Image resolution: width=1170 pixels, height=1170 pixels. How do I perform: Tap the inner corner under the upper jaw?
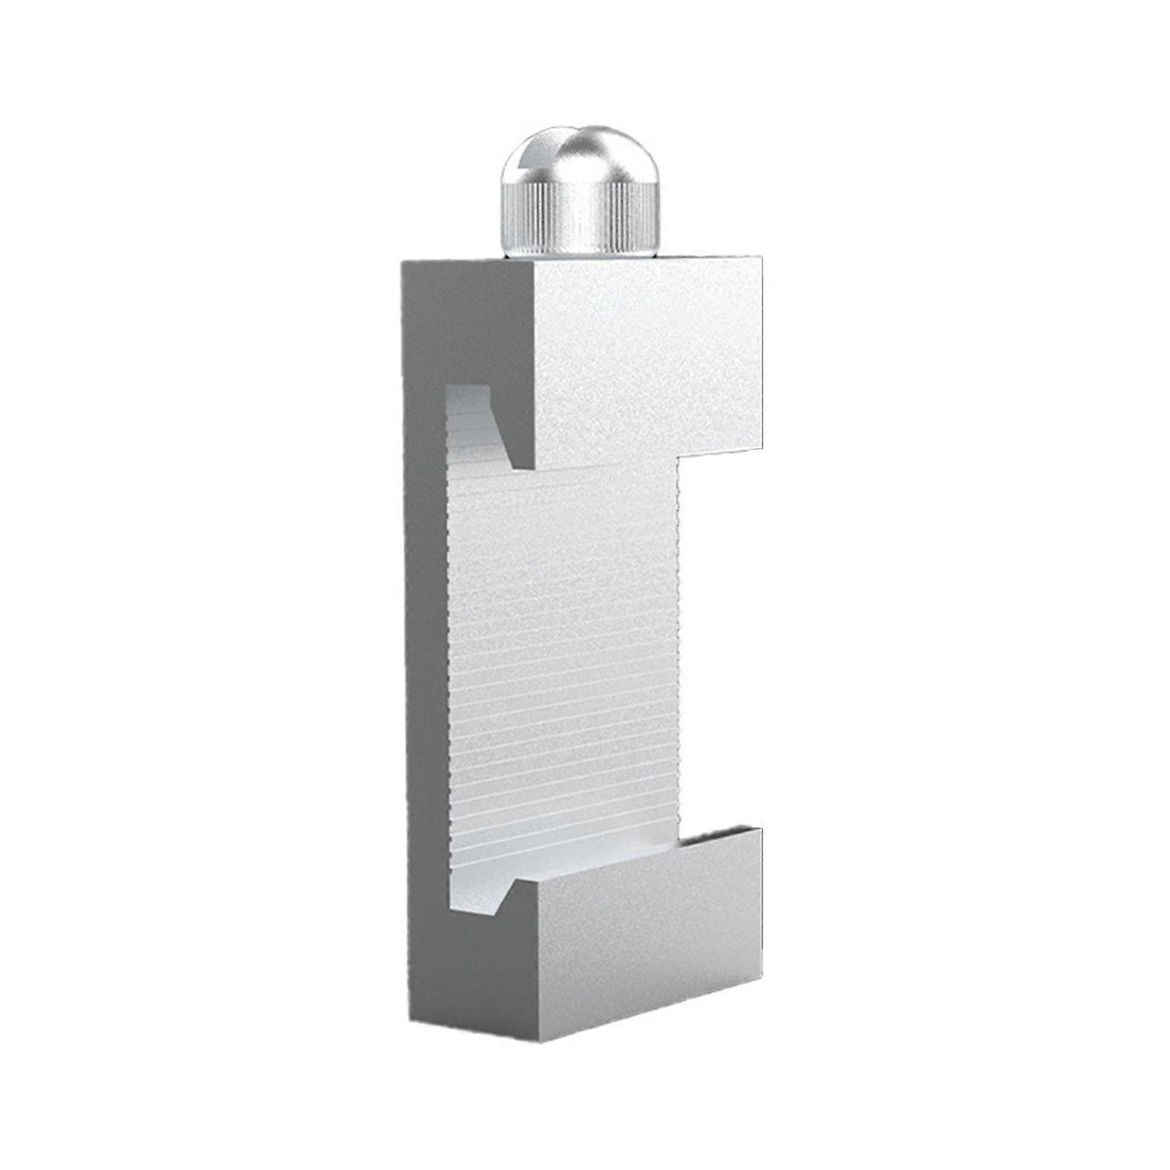point(680,461)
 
